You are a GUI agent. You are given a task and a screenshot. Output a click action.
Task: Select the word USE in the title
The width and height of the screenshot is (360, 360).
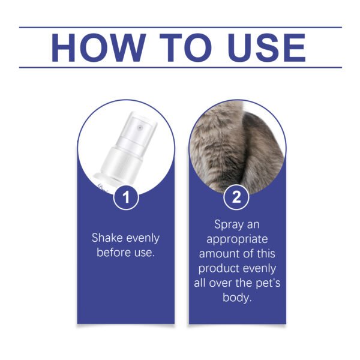pyautogui.click(x=263, y=47)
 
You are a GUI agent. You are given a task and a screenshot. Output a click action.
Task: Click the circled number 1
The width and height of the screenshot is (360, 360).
pyautogui.click(x=126, y=197)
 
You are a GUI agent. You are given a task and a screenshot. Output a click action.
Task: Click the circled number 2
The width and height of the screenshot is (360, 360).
pyautogui.click(x=236, y=197)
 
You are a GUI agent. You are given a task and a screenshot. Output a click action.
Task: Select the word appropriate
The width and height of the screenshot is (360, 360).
pyautogui.click(x=236, y=239)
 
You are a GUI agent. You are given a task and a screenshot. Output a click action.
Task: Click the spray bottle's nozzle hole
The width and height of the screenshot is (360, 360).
pyautogui.click(x=140, y=127)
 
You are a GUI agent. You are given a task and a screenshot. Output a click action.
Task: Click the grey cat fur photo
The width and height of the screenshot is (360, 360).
pyautogui.click(x=237, y=144)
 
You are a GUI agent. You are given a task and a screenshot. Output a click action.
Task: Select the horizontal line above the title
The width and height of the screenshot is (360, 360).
pyautogui.click(x=180, y=27)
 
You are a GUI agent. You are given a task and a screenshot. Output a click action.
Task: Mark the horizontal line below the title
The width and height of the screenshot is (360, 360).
pyautogui.click(x=180, y=67)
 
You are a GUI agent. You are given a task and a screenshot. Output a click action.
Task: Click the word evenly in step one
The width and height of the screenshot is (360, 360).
pyautogui.click(x=142, y=238)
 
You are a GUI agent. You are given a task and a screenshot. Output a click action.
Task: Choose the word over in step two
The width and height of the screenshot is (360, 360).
pyautogui.click(x=223, y=283)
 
